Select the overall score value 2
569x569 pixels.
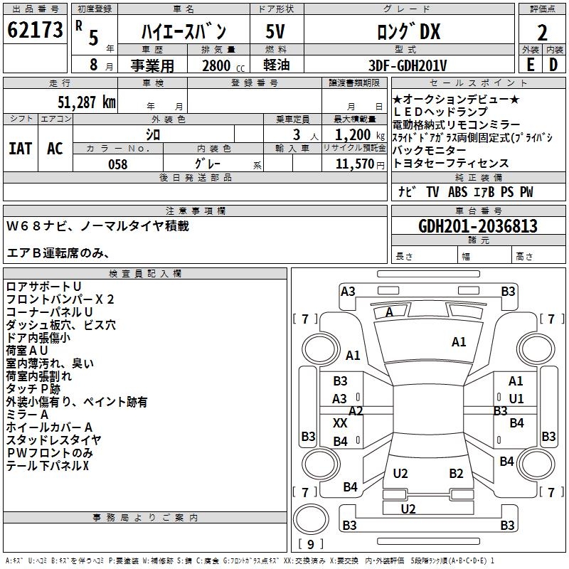(542, 33)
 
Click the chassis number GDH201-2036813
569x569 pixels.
(478, 226)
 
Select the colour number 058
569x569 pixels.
(117, 164)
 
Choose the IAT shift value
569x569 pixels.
(20, 149)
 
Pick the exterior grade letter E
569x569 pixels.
(530, 64)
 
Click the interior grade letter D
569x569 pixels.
(553, 64)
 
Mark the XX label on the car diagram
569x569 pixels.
(340, 422)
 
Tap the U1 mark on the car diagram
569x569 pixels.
(516, 398)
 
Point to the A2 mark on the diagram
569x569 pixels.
(356, 410)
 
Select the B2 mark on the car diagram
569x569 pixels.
(456, 473)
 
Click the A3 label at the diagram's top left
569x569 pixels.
(348, 291)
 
